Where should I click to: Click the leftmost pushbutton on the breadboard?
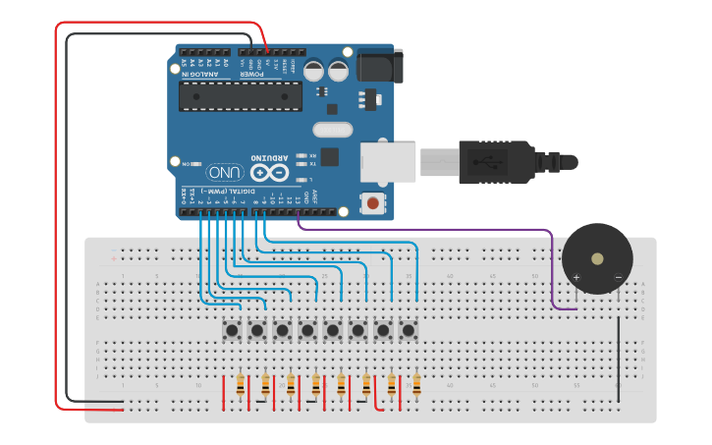(232, 331)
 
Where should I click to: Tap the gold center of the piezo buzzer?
(597, 259)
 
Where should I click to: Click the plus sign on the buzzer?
(576, 278)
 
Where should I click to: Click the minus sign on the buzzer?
(618, 278)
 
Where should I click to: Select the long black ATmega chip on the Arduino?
(240, 96)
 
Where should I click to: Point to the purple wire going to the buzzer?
(442, 231)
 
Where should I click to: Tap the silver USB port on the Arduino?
(389, 161)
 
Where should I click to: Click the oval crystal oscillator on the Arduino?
(332, 130)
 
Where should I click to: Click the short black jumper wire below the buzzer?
(618, 354)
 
